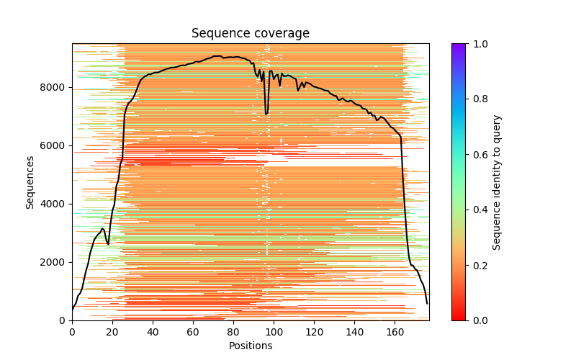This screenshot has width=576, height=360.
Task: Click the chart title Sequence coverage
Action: pyautogui.click(x=250, y=33)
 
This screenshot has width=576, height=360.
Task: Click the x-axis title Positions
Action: pyautogui.click(x=250, y=346)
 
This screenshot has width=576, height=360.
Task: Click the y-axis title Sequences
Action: pyautogui.click(x=30, y=181)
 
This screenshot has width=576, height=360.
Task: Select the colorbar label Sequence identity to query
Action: pyautogui.click(x=497, y=181)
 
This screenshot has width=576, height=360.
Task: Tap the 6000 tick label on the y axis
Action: pyautogui.click(x=55, y=145)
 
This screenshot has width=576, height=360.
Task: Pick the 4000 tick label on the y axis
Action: pyautogui.click(x=55, y=204)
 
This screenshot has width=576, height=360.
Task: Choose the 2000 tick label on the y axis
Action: pyautogui.click(x=55, y=262)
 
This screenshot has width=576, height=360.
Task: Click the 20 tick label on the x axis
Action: pyautogui.click(x=112, y=331)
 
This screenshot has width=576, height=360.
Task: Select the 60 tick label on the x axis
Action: pyautogui.click(x=193, y=331)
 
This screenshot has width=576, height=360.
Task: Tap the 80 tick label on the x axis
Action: pyautogui.click(x=233, y=331)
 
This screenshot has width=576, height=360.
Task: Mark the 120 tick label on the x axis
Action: pyautogui.click(x=314, y=331)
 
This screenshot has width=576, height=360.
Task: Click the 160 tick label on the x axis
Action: pyautogui.click(x=395, y=331)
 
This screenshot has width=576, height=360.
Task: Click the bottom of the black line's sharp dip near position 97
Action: pyautogui.click(x=266, y=114)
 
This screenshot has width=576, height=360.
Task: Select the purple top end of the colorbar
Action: pyautogui.click(x=458, y=45)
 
